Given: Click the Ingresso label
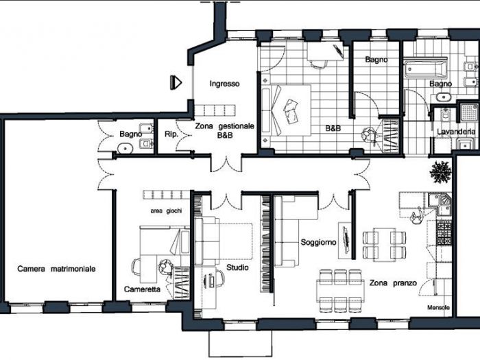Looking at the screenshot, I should point(224,84).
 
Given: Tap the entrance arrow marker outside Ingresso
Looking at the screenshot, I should point(176,82).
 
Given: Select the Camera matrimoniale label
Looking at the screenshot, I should point(56,269).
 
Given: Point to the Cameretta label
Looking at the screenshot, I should point(142,289).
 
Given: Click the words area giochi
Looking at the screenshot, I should point(167,211).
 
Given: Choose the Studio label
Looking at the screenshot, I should point(237,267).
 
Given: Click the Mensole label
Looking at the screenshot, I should point(438,307).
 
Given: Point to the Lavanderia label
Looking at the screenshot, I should point(453,131).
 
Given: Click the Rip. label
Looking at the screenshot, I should point(171,134).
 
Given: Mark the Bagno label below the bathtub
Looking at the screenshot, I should point(440,84).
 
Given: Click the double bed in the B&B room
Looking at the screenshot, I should point(287,110).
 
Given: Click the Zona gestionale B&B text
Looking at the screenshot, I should point(225,131).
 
